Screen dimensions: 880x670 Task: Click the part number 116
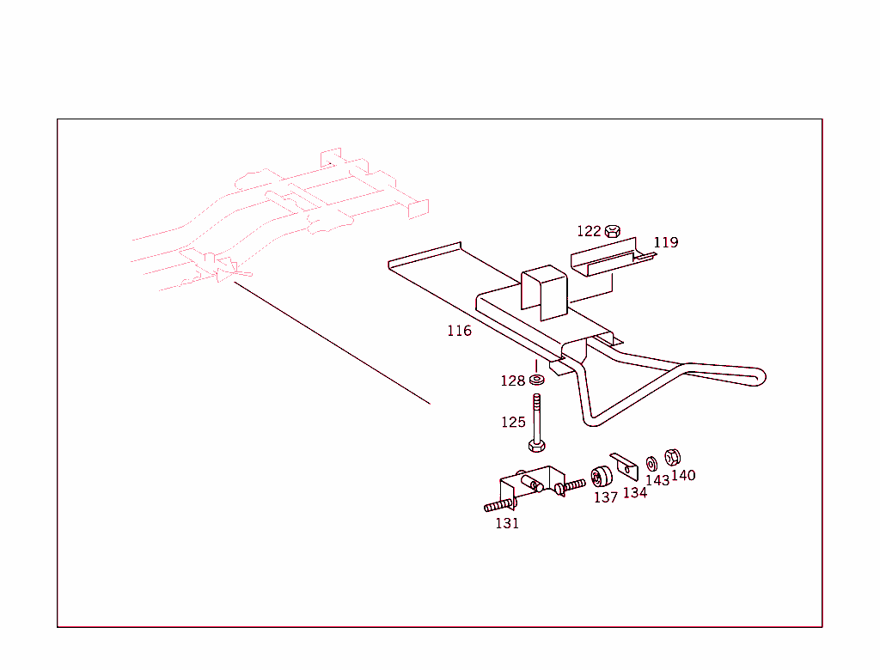pos(459,331)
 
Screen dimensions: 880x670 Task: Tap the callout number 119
pos(666,242)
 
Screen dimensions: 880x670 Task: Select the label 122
pos(589,231)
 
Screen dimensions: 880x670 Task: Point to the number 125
pos(513,422)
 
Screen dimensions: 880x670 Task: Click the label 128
pos(512,381)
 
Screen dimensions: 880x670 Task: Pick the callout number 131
pos(507,523)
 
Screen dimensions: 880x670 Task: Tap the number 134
pos(635,493)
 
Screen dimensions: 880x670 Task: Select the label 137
pos(606,497)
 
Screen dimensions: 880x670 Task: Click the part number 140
pos(683,475)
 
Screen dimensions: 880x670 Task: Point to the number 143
pos(657,480)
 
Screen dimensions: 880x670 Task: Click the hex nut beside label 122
pos(613,230)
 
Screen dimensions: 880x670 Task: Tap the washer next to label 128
pos(537,380)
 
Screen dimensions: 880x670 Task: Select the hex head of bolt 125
pos(536,446)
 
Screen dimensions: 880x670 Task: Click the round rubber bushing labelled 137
pos(601,477)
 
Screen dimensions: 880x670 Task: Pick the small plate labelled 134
pos(624,467)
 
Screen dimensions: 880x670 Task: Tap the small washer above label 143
pos(651,464)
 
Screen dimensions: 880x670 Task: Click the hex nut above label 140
pos(672,457)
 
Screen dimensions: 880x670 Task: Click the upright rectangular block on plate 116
pos(544,293)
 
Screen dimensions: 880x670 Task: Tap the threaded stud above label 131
pos(499,506)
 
